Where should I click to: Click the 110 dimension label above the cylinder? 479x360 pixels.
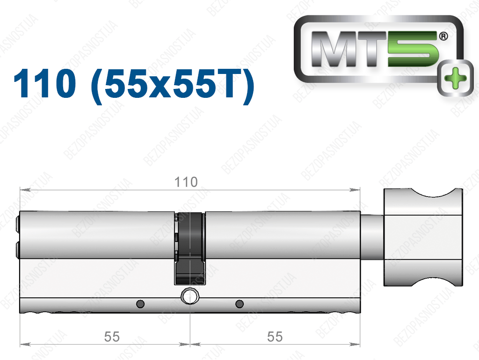pos(186,182)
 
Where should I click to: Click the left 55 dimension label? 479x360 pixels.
pos(112,337)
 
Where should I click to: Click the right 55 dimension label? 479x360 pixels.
pos(275,337)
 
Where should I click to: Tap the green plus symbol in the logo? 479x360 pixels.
pos(455,79)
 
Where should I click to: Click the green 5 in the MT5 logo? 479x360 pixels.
pos(413,49)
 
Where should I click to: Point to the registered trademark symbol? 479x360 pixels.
pos(443,37)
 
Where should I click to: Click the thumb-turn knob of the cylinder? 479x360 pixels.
pos(423,237)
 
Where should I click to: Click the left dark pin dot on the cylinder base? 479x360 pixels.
pos(140,304)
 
